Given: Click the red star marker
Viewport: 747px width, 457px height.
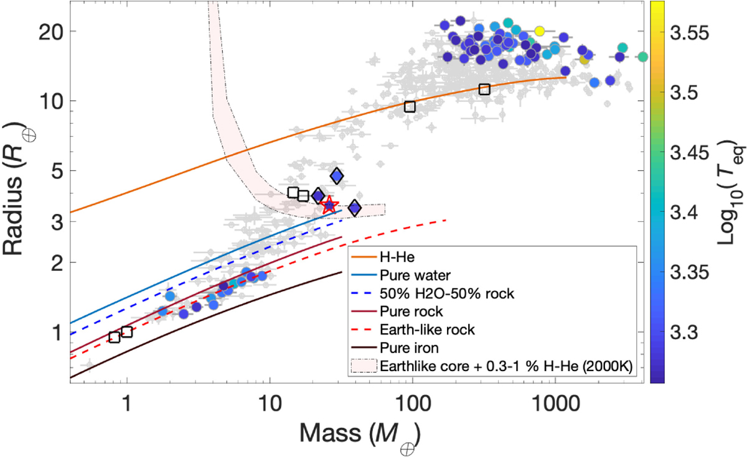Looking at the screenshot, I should point(329,205).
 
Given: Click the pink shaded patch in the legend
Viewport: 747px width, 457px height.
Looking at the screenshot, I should point(364,366).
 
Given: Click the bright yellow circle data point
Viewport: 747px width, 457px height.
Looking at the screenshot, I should point(540,31).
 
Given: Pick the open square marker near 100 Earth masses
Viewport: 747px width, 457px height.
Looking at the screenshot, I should point(410,106).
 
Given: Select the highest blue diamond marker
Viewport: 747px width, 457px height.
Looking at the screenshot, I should point(337,177).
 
